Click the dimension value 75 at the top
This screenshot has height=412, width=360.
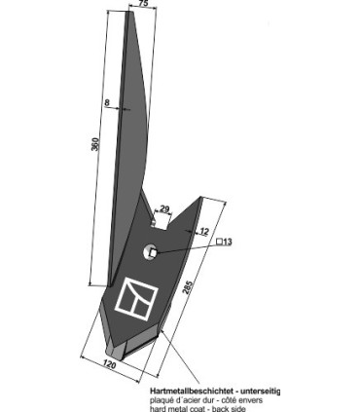point(144,5)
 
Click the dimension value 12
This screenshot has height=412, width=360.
point(203,231)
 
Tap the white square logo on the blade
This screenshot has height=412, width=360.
point(133,299)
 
